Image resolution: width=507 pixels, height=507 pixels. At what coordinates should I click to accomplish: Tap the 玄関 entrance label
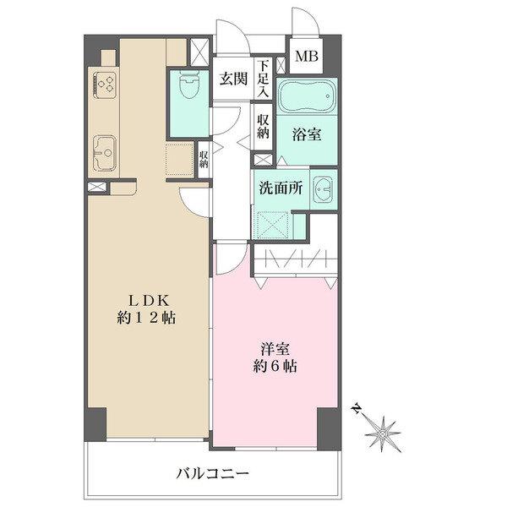pyautogui.click(x=232, y=79)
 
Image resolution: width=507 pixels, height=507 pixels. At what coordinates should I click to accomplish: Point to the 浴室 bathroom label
pyautogui.click(x=305, y=133)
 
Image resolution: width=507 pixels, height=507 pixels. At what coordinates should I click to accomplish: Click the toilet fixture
pyautogui.click(x=188, y=87)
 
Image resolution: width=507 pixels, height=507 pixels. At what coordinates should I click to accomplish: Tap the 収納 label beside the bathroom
pyautogui.click(x=263, y=126)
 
